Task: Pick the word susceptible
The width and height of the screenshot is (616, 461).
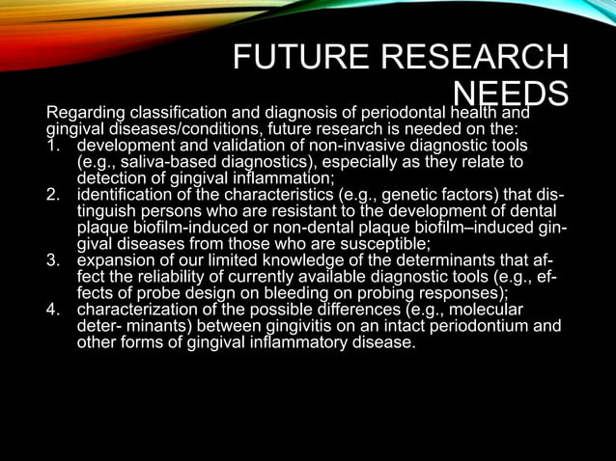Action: click(379, 244)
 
